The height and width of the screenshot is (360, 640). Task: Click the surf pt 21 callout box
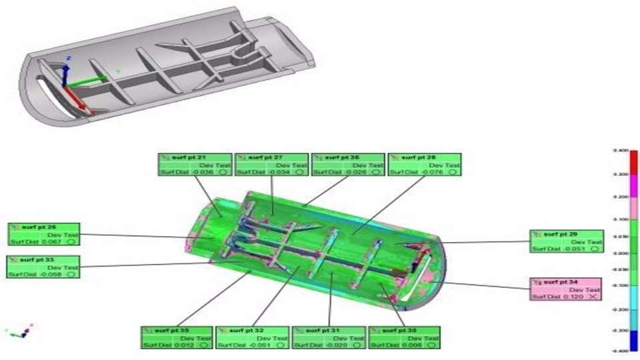(195, 164)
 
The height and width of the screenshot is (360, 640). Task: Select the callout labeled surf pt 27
(271, 164)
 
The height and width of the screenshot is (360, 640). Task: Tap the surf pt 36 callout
(348, 164)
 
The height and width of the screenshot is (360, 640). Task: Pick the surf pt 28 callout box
(425, 164)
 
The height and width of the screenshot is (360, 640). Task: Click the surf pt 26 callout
(43, 234)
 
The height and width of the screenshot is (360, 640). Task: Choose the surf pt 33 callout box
(43, 266)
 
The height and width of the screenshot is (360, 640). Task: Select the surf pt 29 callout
(567, 241)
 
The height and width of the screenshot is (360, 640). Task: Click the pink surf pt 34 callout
(566, 289)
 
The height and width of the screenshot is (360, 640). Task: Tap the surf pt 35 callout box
(177, 337)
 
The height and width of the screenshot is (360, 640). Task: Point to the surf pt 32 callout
(252, 337)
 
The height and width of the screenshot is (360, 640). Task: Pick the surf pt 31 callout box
(329, 337)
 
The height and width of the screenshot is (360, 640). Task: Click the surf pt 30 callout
(405, 337)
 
